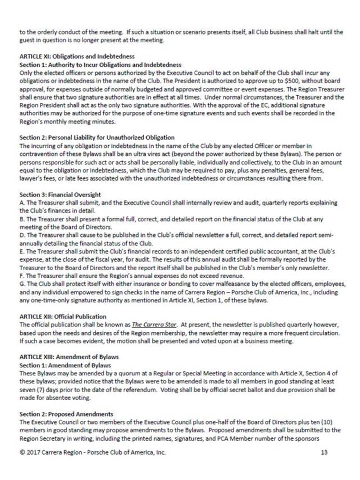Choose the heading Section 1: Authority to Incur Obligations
point(100,64)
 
